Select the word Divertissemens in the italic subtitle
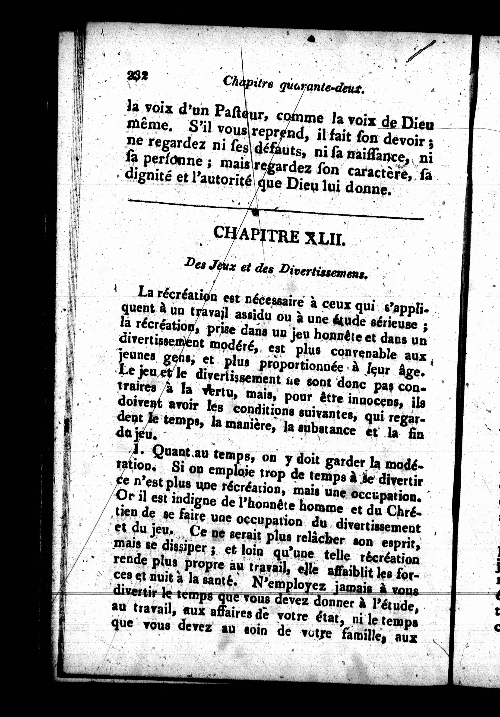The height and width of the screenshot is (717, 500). click(322, 271)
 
